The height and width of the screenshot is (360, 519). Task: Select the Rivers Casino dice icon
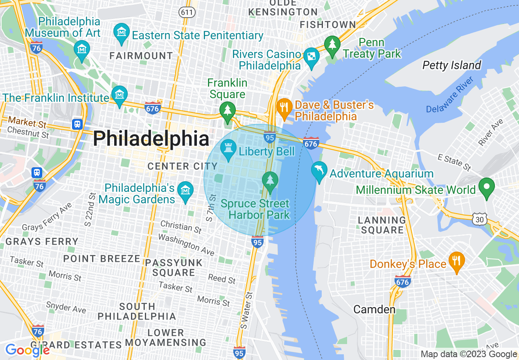pos(311,56)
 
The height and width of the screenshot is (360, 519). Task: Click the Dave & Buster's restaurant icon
pos(283,107)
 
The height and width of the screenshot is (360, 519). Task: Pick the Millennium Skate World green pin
pos(487,187)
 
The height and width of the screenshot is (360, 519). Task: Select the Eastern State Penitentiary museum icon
pos(122,33)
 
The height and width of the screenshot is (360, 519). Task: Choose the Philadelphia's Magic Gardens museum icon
pos(186,191)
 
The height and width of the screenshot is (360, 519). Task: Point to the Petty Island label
pos(451,65)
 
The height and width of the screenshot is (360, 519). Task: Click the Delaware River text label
pos(449,95)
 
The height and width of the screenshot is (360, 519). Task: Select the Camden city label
pos(374,309)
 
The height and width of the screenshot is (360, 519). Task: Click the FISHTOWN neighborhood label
pos(328,25)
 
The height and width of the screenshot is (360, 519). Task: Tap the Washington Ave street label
pos(186,244)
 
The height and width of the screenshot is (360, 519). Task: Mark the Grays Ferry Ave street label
pos(47,217)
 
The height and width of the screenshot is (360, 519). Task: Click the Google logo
pos(27,350)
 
